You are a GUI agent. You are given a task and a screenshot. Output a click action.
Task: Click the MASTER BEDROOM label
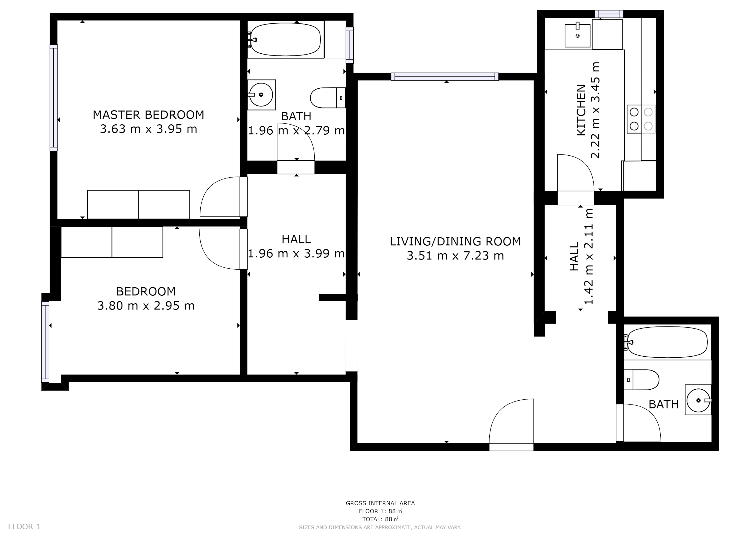pos(148,115)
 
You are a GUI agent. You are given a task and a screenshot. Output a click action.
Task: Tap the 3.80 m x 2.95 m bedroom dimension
pos(146,306)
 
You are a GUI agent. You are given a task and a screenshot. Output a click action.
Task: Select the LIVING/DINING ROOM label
pos(455,242)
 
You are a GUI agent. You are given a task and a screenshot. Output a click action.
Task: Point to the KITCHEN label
pos(581,110)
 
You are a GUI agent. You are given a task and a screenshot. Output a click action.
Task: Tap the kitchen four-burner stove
pos(641,119)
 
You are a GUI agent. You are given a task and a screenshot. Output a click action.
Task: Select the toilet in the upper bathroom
pos(328,98)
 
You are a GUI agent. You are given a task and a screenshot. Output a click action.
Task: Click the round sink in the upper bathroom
pos(261,95)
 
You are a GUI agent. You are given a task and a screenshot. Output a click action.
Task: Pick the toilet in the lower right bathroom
pos(641,380)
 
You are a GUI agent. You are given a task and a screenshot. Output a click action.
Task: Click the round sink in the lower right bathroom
pos(698,400)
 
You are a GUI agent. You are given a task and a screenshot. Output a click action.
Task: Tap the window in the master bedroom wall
pos(54,98)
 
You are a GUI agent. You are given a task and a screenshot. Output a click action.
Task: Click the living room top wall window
pos(445,77)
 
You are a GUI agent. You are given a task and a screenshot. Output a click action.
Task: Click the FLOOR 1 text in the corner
pos(24,526)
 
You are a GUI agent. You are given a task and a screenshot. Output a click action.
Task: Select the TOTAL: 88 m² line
pos(380,519)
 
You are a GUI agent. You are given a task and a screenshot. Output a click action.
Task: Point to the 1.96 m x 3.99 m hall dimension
pos(296,253)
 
